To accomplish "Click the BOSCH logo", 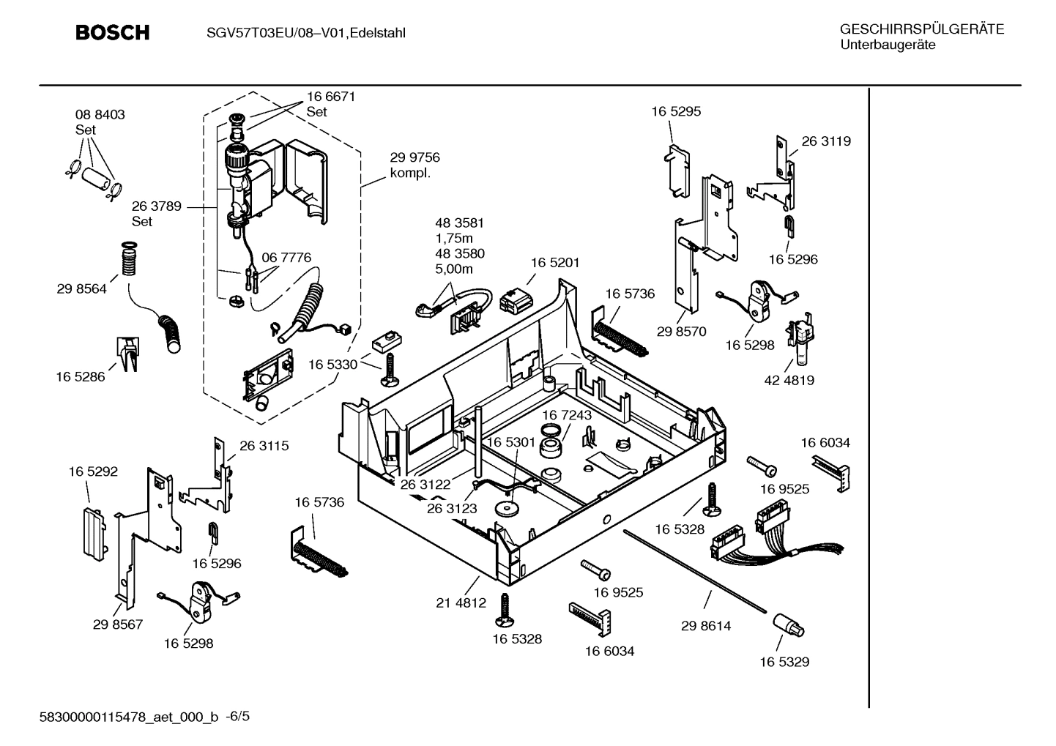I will [113, 33].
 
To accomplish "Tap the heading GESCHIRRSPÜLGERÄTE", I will [921, 29].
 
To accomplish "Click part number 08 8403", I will [100, 115].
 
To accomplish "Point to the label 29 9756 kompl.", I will [414, 165].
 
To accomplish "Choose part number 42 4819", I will [789, 380].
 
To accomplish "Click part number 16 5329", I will [784, 662].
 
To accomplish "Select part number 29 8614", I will [705, 626].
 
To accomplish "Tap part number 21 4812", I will [461, 603].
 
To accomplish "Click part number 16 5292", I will [93, 472].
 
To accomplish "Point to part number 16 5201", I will [554, 262].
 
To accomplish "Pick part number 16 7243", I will [567, 415].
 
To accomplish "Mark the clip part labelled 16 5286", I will [127, 354].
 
